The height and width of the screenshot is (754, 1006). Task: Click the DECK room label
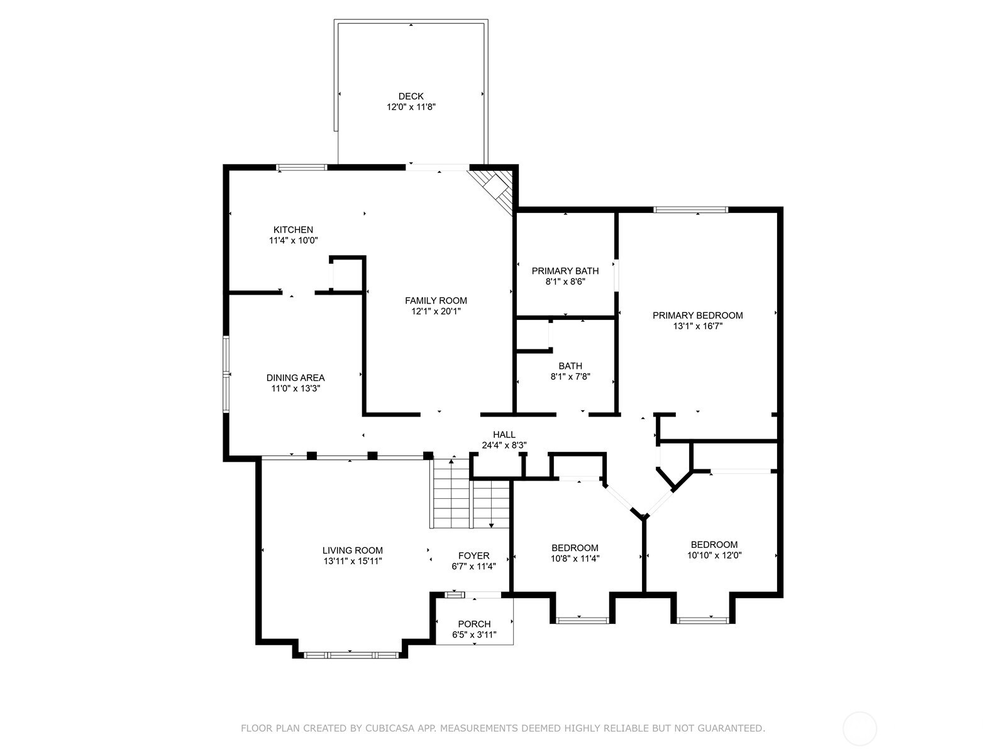pos(411,96)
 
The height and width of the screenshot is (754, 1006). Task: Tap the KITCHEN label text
pos(293,230)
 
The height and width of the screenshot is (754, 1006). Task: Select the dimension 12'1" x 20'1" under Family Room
pos(436,311)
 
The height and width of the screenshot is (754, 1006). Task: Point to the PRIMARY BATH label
pos(565,271)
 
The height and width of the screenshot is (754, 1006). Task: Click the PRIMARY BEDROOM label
pos(697,315)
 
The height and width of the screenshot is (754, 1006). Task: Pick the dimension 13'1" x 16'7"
pos(697,326)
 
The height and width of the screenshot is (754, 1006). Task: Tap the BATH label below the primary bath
pos(570,366)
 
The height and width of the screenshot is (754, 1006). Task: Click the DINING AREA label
pos(296,378)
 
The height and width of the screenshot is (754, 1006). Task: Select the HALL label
pos(504,434)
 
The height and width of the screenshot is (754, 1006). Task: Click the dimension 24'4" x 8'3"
pos(504,445)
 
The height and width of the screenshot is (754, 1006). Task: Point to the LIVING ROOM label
pos(352,550)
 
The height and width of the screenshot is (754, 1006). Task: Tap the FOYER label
pos(473,555)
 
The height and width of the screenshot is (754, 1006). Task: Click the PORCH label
pos(474,624)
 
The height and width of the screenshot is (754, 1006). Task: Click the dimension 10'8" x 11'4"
pos(575,559)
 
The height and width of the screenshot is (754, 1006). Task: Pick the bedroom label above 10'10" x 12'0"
pos(714,545)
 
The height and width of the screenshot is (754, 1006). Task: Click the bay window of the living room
pos(351,655)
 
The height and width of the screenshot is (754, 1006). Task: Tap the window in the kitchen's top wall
pos(302,167)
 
